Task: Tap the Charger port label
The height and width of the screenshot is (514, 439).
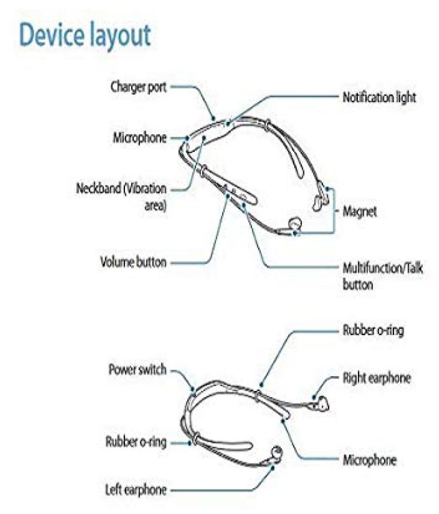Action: [x=139, y=87]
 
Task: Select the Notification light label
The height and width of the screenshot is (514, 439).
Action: [x=379, y=97]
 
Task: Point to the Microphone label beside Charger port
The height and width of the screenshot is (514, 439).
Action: [x=140, y=138]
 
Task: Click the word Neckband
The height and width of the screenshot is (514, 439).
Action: [x=98, y=189]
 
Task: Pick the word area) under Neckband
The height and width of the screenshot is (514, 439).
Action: [x=155, y=206]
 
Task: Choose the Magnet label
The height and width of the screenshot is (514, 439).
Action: [x=359, y=211]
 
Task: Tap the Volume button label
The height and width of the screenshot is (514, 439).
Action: [x=133, y=262]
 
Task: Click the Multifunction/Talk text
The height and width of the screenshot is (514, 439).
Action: [x=383, y=268]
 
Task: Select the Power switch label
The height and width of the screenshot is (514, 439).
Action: [x=137, y=369]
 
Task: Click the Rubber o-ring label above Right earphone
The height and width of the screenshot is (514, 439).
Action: [x=373, y=330]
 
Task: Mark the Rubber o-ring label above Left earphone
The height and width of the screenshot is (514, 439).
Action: [x=136, y=442]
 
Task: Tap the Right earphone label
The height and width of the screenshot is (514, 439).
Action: [x=377, y=378]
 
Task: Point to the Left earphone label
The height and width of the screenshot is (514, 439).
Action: [x=136, y=490]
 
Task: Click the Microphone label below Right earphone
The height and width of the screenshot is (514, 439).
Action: [x=369, y=460]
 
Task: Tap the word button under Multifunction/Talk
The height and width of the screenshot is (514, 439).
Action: [x=358, y=285]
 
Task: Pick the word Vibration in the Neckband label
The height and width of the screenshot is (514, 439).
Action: [x=145, y=189]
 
